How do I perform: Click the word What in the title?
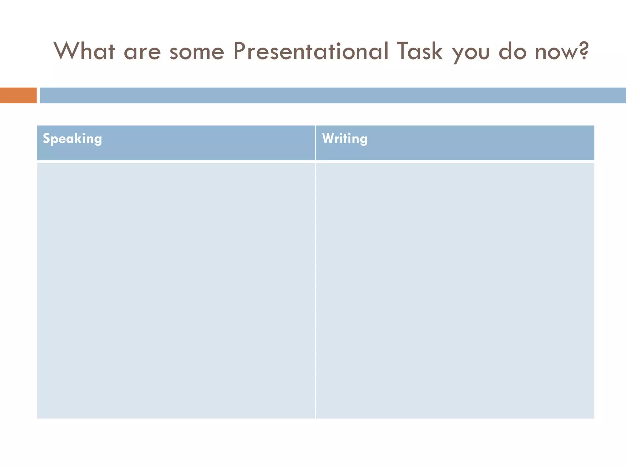point(85,51)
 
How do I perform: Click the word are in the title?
point(142,52)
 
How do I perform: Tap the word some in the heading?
point(197,52)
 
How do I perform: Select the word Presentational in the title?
point(311,51)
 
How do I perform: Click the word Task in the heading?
point(420,51)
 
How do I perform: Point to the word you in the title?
point(471,53)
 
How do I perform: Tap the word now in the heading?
point(555,53)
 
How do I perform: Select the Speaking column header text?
point(72,139)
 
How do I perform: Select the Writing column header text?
point(345,139)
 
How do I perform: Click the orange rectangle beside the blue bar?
point(18,95)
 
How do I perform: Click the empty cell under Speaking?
point(176,290)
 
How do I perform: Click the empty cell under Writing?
point(455,290)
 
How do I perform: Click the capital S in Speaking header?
point(46,138)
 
